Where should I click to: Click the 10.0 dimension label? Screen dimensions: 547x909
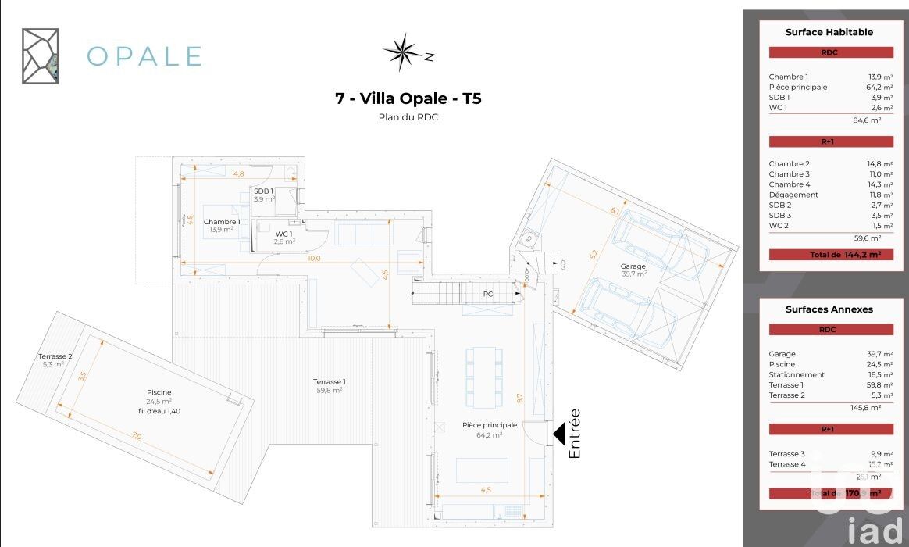coord(314,257)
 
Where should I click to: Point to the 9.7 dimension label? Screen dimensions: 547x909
coord(519,398)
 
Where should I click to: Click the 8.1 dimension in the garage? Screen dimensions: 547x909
coord(615,211)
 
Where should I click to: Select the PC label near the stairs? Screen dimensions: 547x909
coord(488,295)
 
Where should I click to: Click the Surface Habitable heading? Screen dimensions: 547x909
coord(829,33)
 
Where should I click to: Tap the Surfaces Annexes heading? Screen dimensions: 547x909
coord(829,309)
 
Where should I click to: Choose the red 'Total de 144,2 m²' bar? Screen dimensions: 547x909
coord(831,255)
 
